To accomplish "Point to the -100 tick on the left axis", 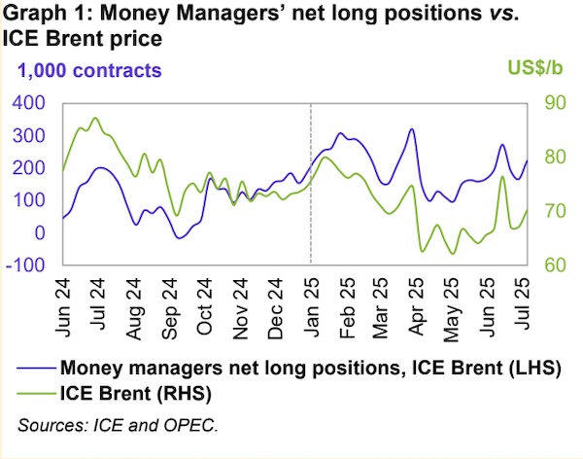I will [31, 265].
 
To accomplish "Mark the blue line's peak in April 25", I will [412, 129].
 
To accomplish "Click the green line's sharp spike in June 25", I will [502, 177].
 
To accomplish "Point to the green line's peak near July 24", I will [94, 119].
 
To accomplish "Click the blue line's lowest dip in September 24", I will [178, 237].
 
